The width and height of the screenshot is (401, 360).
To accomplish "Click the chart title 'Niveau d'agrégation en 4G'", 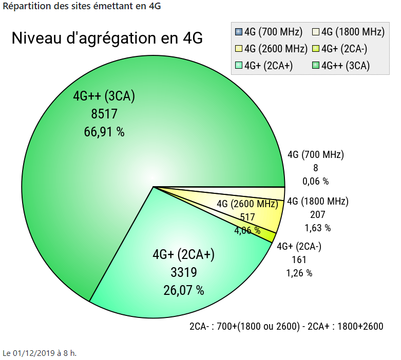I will tap(107, 38).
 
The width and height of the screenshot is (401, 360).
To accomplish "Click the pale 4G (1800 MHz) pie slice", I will tap(267, 193).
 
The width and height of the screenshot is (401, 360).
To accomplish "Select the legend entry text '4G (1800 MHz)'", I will tap(352, 32).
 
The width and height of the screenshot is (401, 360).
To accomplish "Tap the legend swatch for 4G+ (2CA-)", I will tap(316, 49).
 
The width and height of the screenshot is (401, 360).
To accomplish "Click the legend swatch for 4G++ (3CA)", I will tap(316, 66).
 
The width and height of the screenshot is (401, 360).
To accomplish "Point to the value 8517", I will tap(104, 114).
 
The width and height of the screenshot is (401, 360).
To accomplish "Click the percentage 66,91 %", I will tap(104, 132).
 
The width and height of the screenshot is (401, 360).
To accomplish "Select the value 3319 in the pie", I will tap(184, 272).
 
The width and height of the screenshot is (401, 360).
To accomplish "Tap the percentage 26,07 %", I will tap(184, 290).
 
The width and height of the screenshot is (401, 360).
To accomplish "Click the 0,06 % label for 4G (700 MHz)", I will tap(315, 181).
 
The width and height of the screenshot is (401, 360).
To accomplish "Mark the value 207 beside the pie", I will tap(317, 214).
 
